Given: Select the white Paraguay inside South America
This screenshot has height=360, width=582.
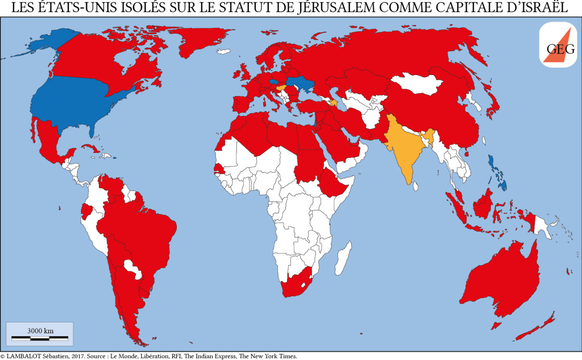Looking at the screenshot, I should [x=135, y=267].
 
